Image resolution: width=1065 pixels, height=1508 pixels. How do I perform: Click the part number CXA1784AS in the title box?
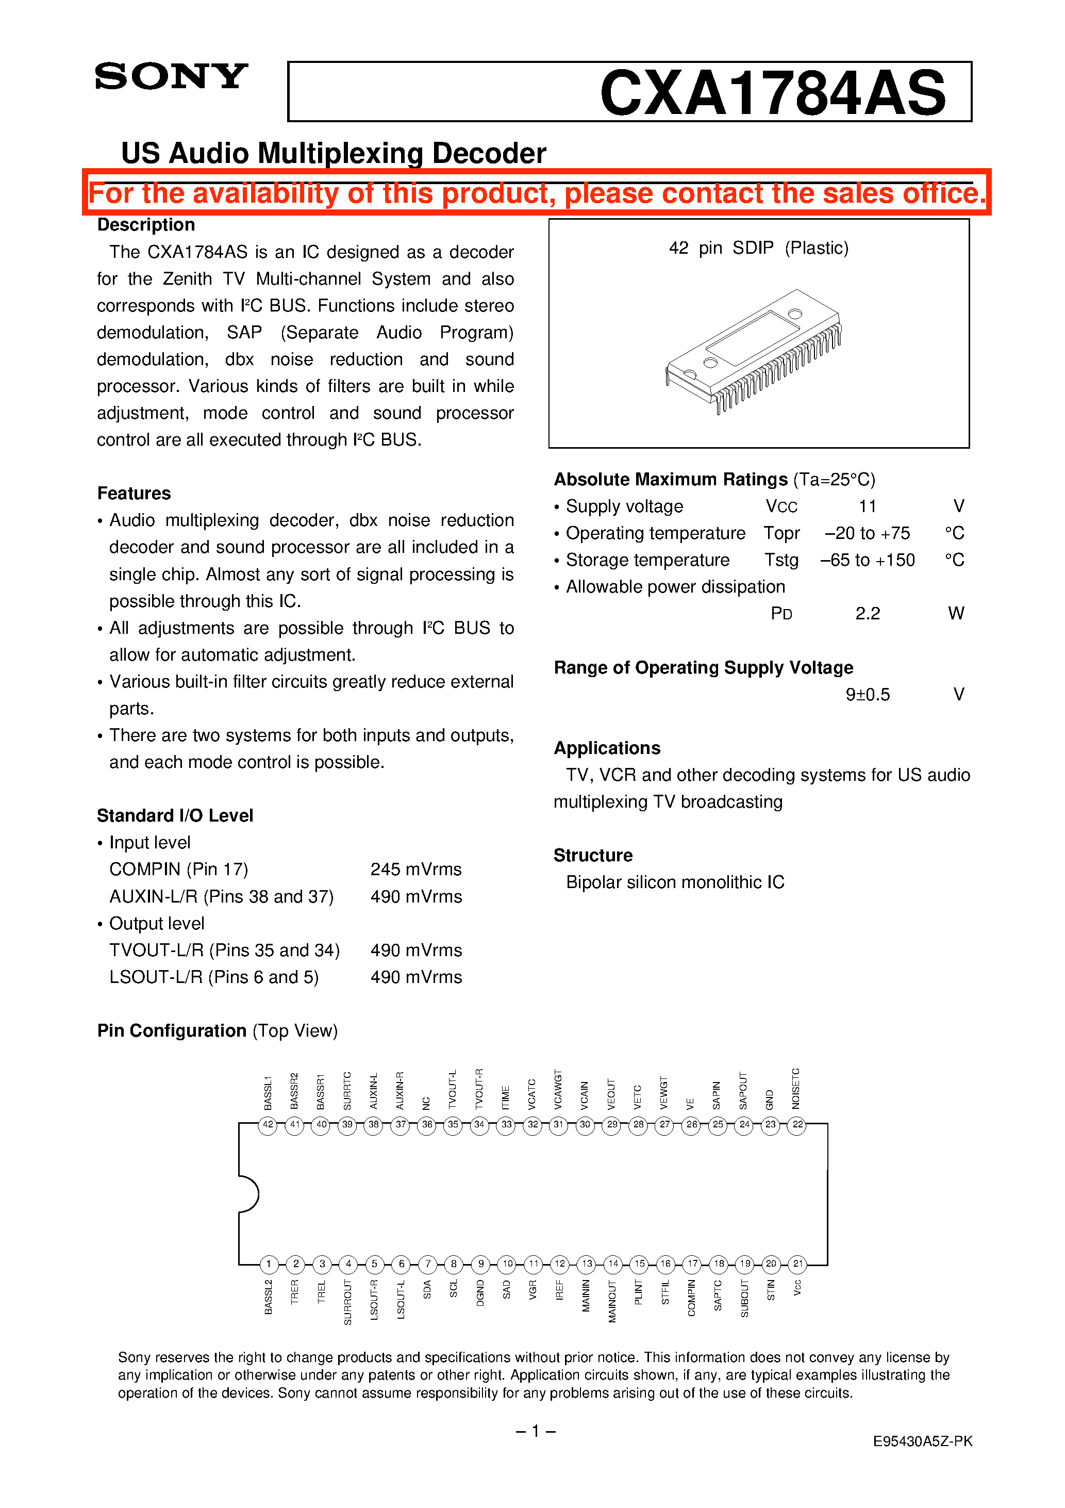(772, 93)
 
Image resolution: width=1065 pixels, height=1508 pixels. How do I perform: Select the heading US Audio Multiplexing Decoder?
(333, 153)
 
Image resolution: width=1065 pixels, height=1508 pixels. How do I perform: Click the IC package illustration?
(754, 351)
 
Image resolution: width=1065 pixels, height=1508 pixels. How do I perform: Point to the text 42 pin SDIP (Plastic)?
(758, 248)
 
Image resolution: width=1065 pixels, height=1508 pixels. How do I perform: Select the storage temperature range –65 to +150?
(867, 560)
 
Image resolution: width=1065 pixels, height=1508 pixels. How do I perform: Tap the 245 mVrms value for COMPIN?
(415, 870)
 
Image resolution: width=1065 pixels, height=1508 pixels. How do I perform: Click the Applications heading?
(607, 748)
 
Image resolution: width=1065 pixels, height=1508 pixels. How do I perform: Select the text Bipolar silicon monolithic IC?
(675, 882)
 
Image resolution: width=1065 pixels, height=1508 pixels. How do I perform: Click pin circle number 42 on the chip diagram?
(268, 1124)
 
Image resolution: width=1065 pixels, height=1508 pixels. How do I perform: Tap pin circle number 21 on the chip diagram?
(797, 1264)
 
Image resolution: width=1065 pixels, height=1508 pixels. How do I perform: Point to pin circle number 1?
(268, 1264)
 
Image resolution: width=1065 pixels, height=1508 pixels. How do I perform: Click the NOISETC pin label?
(796, 1088)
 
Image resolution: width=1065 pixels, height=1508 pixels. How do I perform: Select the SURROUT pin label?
(347, 1301)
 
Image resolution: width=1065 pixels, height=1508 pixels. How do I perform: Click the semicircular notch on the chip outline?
(249, 1193)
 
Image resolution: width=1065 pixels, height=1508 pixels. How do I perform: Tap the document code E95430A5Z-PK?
(922, 1441)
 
